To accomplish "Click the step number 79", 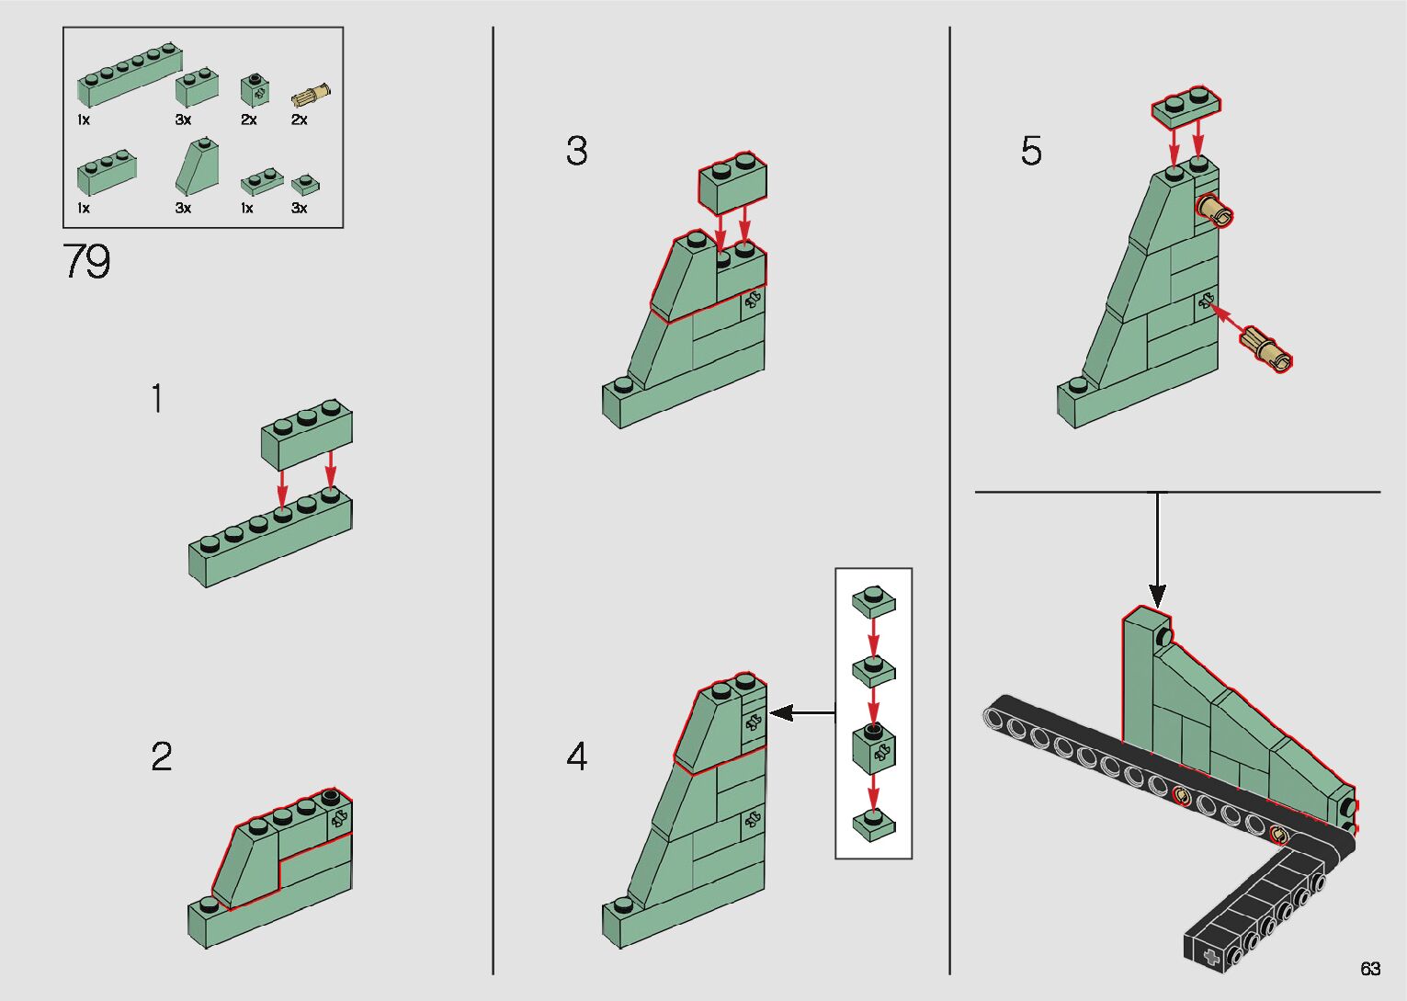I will click(x=86, y=262).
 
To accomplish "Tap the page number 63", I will click(x=1370, y=969).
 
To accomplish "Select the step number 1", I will click(x=157, y=399).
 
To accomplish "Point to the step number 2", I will click(x=161, y=756).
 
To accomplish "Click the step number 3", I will click(x=576, y=152).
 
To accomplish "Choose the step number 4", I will click(x=576, y=757).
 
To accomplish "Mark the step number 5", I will click(x=1031, y=152).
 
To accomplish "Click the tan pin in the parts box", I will click(x=312, y=94).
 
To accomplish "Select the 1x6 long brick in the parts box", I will click(x=129, y=75).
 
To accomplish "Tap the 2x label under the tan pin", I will click(x=299, y=119).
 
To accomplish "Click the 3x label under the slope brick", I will click(x=183, y=209).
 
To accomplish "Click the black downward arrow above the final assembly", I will click(x=1158, y=552).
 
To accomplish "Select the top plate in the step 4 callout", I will click(x=874, y=601).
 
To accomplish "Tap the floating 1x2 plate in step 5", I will click(x=1186, y=106).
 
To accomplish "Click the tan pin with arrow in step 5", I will click(x=1266, y=349).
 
